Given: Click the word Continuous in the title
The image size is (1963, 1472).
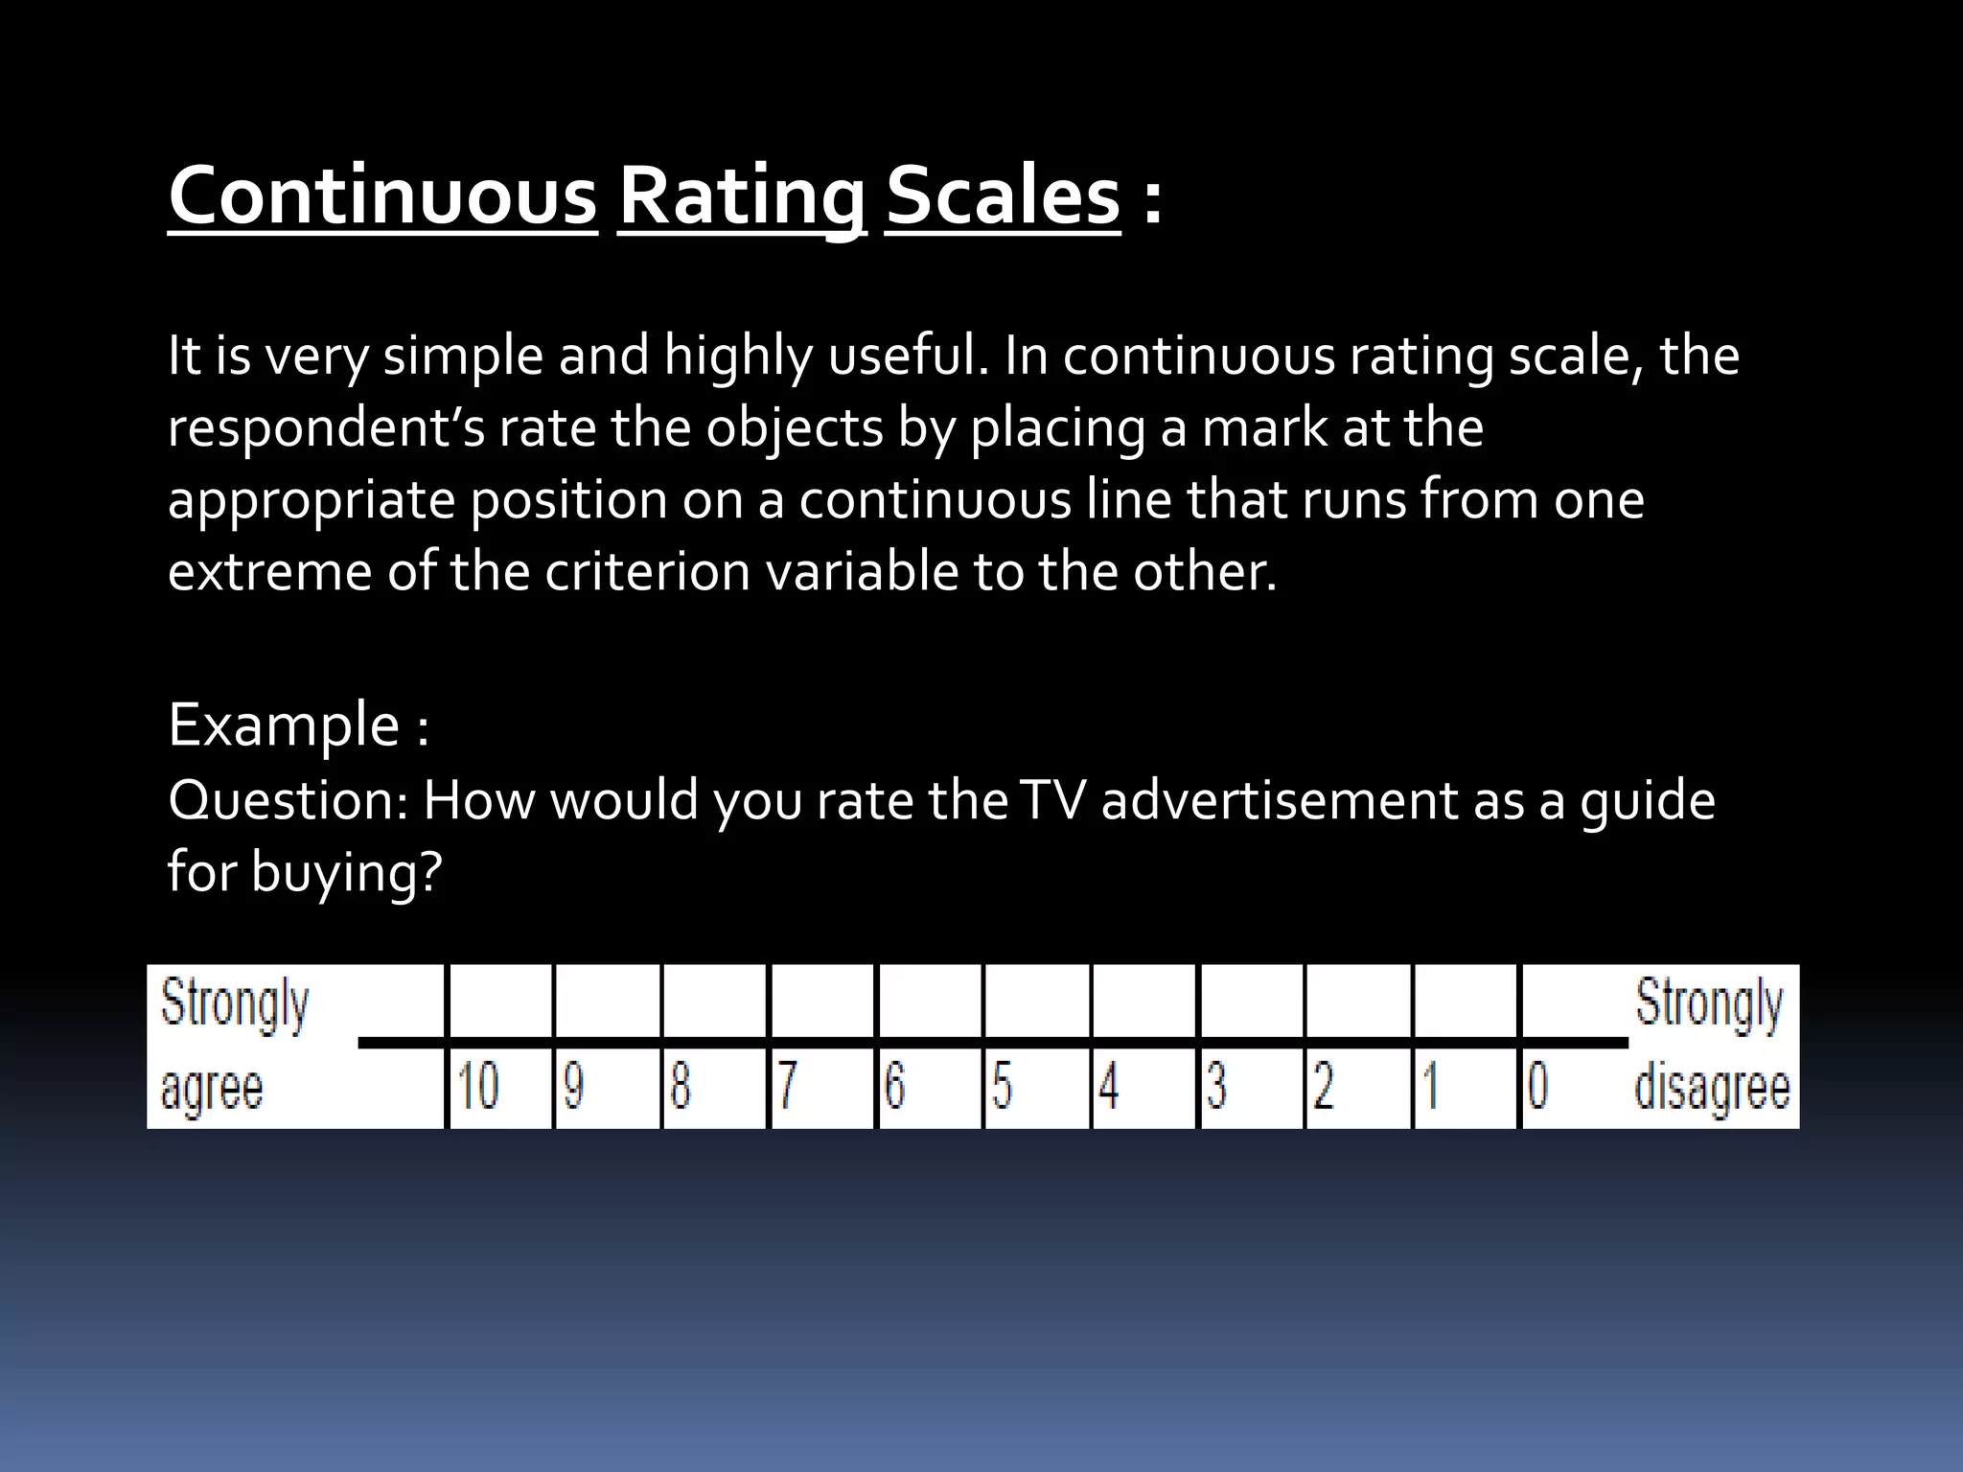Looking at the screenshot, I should (382, 195).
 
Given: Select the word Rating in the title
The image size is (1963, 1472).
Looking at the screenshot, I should (742, 195).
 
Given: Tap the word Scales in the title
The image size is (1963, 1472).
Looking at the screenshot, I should (1003, 195).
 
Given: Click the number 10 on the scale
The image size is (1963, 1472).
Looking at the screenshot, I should (477, 1087).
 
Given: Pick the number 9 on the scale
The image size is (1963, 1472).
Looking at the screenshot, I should (573, 1087).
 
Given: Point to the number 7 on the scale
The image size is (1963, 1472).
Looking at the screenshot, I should (787, 1087).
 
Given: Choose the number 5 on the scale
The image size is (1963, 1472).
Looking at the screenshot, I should (1002, 1087).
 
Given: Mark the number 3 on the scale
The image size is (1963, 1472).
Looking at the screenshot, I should (1216, 1087).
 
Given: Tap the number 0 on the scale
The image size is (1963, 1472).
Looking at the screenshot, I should (1536, 1087).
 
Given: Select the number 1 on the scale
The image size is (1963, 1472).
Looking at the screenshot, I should (1430, 1087).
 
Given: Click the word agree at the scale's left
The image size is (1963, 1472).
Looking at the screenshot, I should (211, 1090).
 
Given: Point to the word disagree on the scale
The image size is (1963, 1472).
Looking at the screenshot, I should (1712, 1090).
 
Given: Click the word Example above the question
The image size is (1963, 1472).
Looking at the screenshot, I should (284, 724).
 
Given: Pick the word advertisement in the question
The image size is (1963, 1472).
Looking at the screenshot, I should (1279, 800).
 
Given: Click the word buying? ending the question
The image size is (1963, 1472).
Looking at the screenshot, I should (346, 873).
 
